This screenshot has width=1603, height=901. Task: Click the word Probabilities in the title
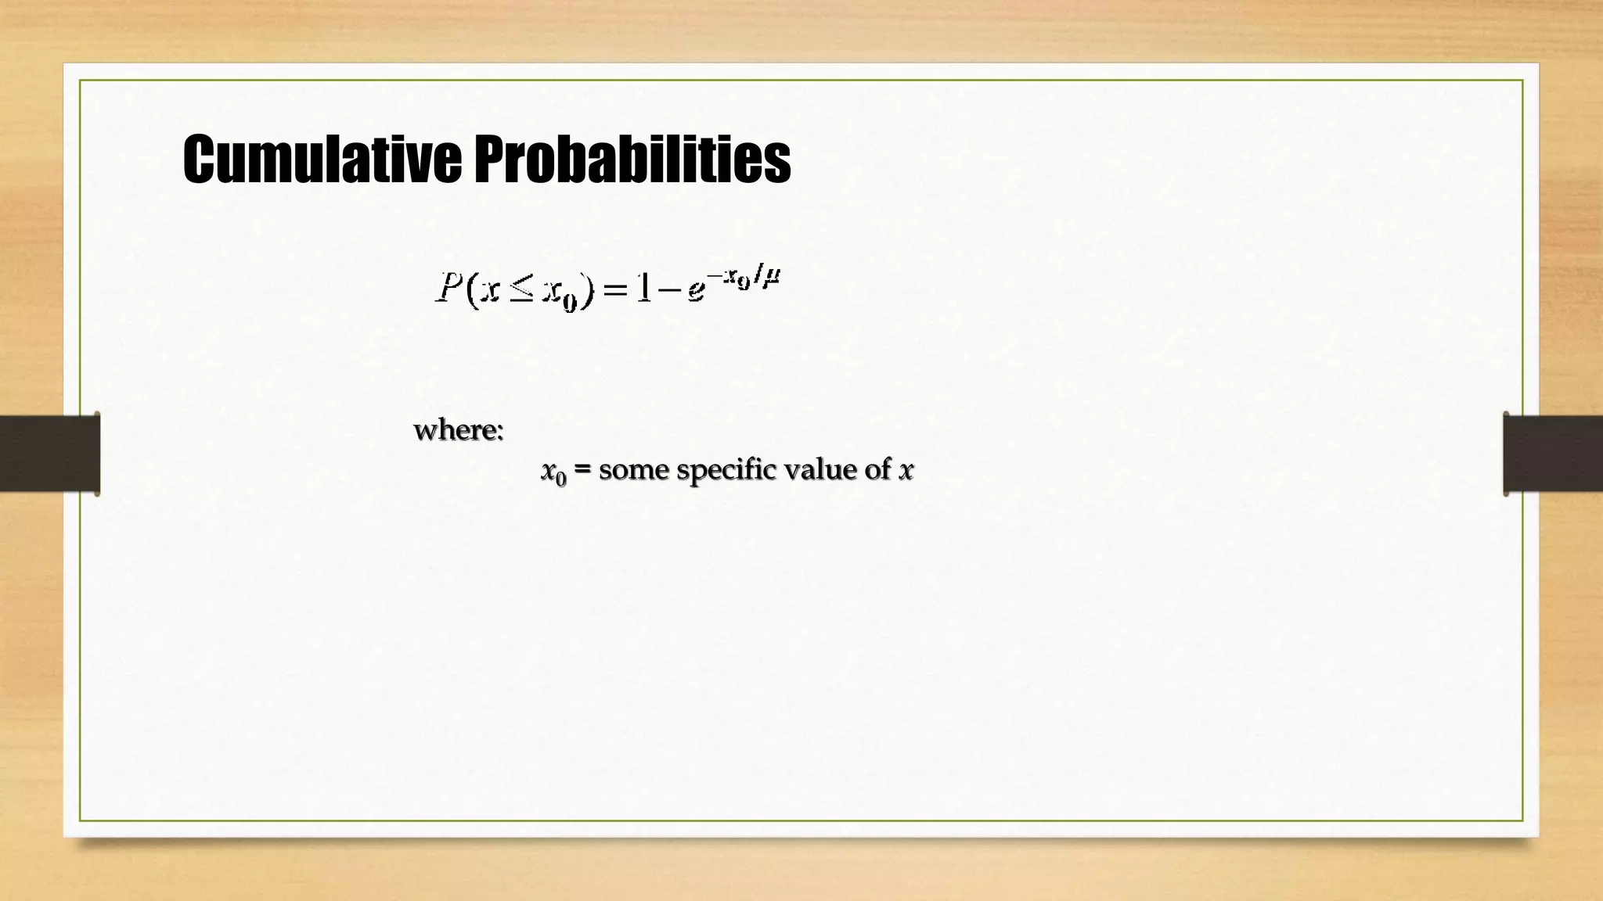coord(632,160)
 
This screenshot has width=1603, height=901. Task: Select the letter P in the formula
coord(448,288)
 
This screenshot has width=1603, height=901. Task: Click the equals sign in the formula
coord(615,290)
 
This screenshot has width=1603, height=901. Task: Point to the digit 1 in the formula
coord(643,288)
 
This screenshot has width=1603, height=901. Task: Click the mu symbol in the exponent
coord(771,276)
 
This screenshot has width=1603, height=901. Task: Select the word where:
coord(459,429)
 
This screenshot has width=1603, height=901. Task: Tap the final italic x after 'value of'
coord(906,471)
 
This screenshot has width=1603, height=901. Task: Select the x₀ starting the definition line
coord(553,472)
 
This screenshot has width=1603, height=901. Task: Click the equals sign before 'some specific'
coord(582,470)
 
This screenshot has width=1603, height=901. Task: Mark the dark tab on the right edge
coord(1553,453)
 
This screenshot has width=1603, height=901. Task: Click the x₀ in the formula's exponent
coord(737,278)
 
